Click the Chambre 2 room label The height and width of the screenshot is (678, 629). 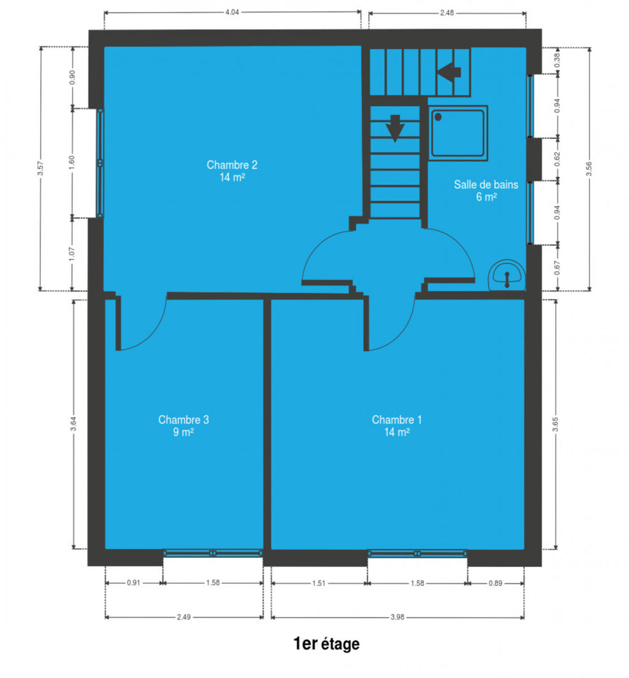(232, 171)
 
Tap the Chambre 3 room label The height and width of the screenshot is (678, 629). (183, 425)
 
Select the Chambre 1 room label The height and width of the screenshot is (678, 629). (397, 425)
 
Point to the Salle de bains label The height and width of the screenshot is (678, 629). (486, 190)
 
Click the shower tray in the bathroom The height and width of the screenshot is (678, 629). (458, 133)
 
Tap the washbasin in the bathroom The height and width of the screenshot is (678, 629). (507, 276)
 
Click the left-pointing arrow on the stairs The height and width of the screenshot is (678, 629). (449, 72)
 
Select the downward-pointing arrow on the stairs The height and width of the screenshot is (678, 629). (395, 128)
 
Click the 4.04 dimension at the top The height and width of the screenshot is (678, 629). (232, 12)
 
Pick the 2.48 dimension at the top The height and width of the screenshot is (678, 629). (446, 13)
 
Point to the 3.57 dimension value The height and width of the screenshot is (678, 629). (41, 168)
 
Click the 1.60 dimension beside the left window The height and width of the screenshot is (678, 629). (72, 163)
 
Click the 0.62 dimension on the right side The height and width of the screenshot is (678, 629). (557, 159)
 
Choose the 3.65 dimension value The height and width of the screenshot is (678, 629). (556, 424)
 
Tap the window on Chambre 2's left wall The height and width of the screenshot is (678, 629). (99, 163)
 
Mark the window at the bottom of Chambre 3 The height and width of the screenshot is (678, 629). (212, 553)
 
